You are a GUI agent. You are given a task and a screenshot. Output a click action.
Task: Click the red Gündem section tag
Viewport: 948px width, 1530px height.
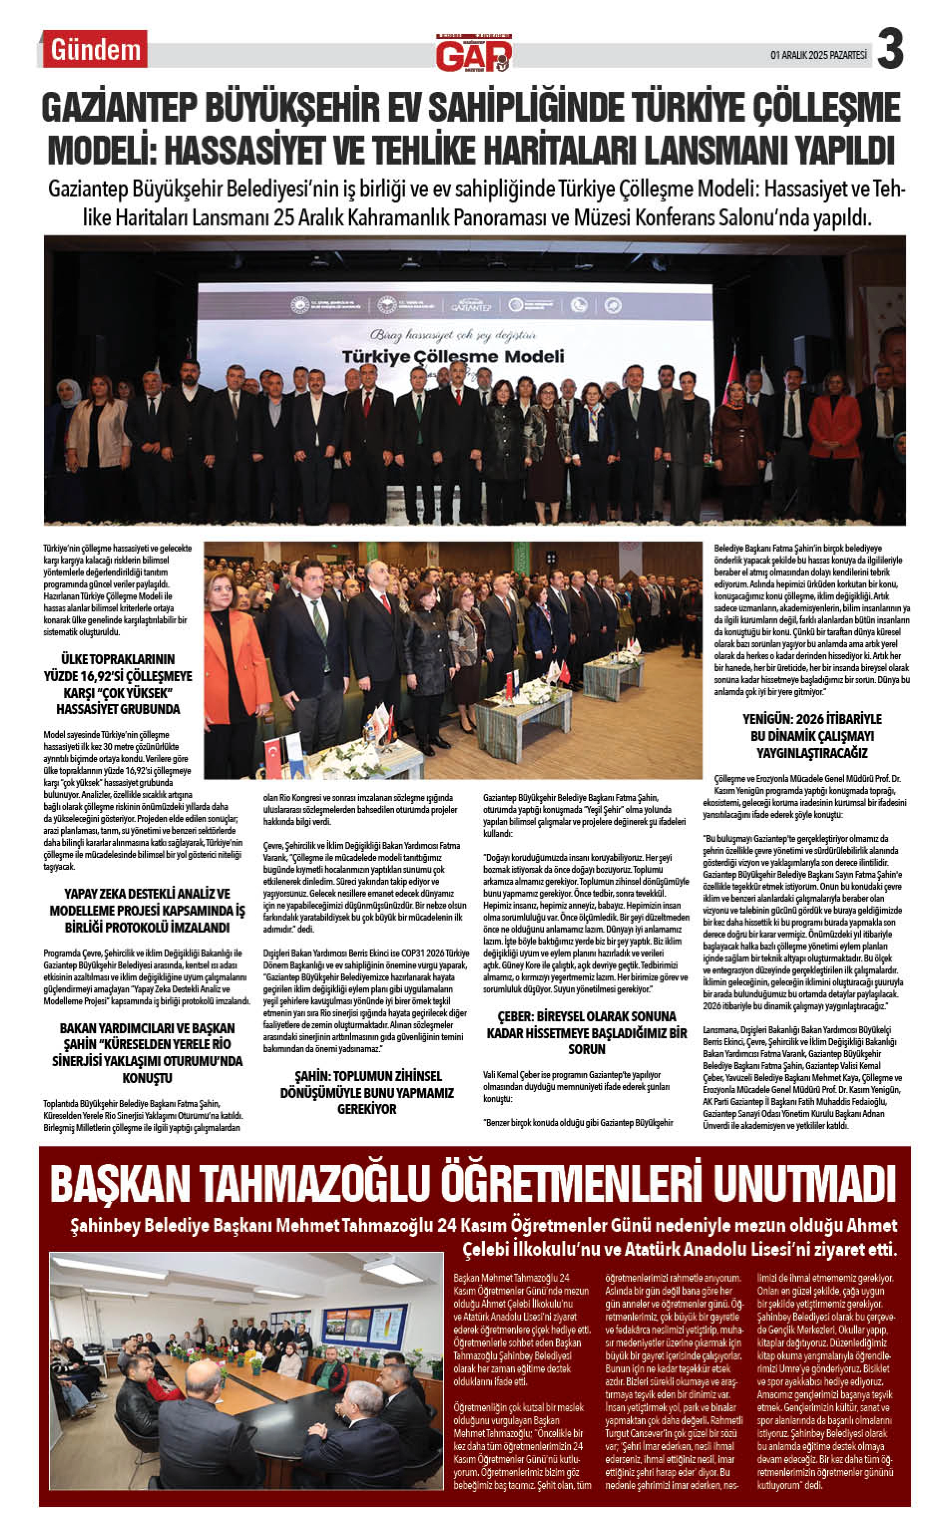pyautogui.click(x=95, y=49)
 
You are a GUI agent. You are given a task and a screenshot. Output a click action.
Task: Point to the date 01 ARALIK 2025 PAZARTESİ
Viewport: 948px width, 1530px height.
pyautogui.click(x=818, y=54)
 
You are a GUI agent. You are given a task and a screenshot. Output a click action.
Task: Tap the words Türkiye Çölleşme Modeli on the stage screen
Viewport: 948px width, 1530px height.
pyautogui.click(x=453, y=357)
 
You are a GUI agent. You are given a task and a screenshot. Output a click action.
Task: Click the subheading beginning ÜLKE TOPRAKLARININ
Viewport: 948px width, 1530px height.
pyautogui.click(x=118, y=684)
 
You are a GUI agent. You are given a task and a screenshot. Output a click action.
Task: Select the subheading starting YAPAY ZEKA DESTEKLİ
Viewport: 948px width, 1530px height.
pyautogui.click(x=147, y=910)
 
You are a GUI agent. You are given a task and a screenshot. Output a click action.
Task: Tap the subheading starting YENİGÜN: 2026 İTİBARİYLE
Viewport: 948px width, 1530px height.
pyautogui.click(x=811, y=736)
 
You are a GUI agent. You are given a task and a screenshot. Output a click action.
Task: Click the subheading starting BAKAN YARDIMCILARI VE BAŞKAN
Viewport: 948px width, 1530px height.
pyautogui.click(x=147, y=1053)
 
